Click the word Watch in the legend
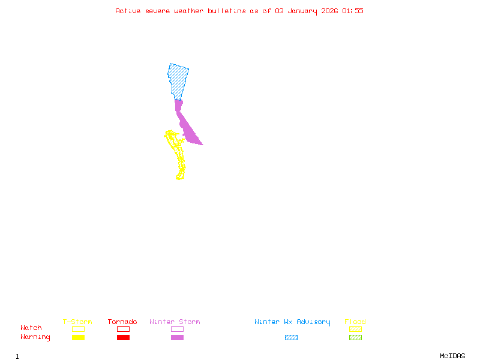click(x=31, y=328)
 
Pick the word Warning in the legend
click(x=35, y=337)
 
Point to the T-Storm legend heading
click(x=77, y=322)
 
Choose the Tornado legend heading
click(x=122, y=322)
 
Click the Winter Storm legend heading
click(x=175, y=322)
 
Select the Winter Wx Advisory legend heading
click(x=292, y=322)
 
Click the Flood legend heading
click(x=355, y=322)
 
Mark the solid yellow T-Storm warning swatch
click(x=78, y=338)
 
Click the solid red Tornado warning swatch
click(x=123, y=338)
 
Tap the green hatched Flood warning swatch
click(x=355, y=338)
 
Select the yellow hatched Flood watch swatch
click(x=355, y=329)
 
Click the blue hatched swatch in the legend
click(x=291, y=338)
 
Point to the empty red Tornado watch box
click(x=123, y=329)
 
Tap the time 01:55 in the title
click(x=353, y=11)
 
